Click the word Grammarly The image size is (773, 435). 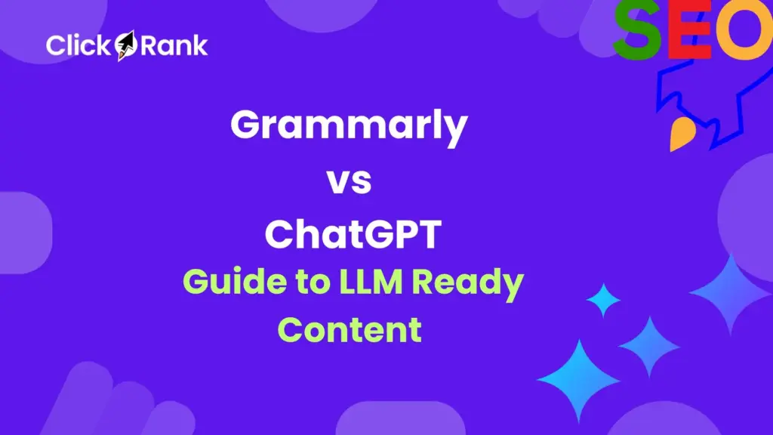tap(349, 126)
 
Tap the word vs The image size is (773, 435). tap(348, 182)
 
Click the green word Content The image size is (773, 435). tap(349, 330)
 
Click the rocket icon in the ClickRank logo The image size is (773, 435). tap(125, 45)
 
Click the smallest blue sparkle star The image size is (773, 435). tap(603, 301)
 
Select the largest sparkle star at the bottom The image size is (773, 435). tap(579, 380)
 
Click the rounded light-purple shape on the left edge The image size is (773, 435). tap(23, 233)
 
